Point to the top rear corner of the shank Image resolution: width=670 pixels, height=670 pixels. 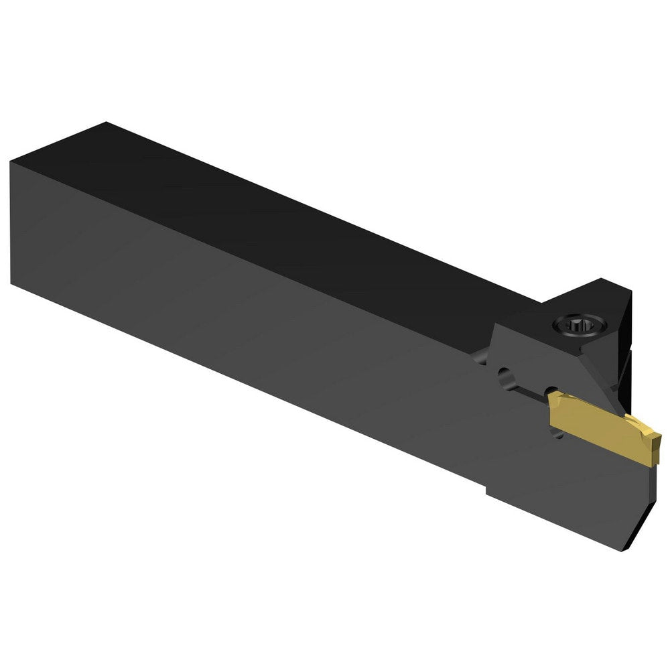[x=105, y=123]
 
